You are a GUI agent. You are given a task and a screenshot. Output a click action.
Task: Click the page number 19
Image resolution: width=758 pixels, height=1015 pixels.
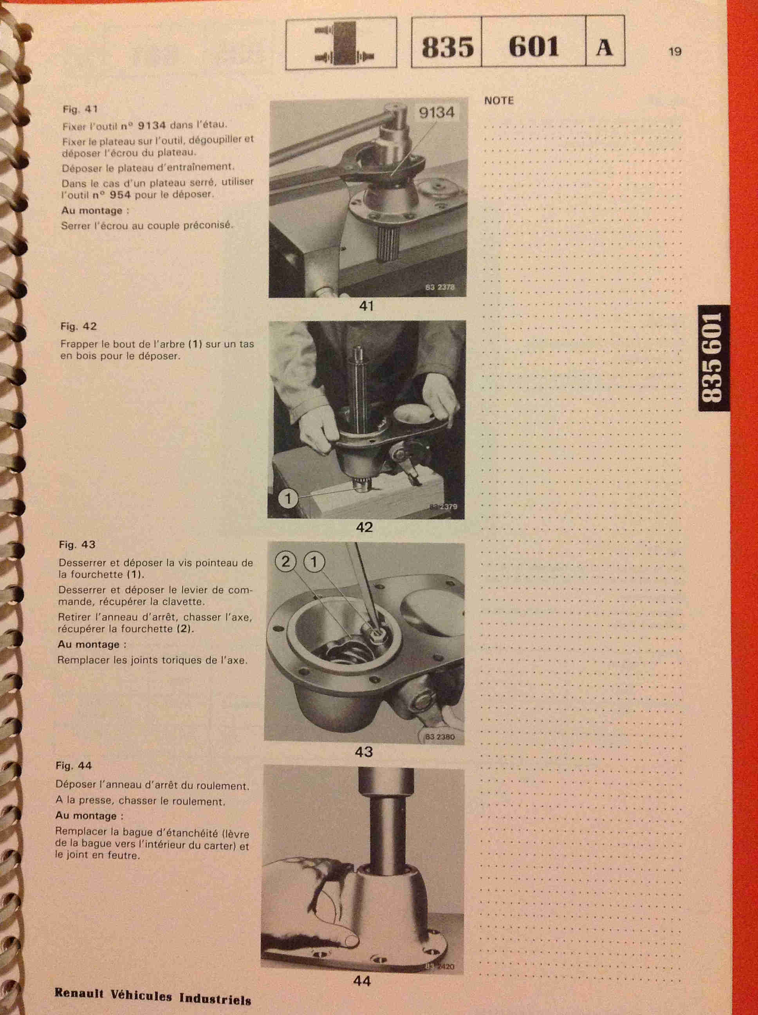point(675,51)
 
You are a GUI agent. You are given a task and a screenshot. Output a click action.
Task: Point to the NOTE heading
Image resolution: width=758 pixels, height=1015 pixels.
point(499,101)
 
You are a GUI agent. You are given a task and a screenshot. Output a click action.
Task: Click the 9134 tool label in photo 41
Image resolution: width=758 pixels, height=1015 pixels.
point(436,113)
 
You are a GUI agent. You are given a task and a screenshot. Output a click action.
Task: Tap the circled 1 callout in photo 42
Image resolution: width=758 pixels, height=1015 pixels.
point(288,498)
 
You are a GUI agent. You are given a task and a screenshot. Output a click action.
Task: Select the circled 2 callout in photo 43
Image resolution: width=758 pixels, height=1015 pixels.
point(286,562)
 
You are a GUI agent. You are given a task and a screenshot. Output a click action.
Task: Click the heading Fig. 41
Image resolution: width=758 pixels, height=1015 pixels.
point(80,110)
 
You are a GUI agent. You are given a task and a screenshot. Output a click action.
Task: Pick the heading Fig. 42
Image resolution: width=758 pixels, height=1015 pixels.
point(78,326)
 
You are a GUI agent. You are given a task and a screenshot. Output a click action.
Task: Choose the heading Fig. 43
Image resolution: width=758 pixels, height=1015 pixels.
point(77,545)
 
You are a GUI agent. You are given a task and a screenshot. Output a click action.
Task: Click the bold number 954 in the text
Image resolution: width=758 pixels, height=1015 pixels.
point(120,194)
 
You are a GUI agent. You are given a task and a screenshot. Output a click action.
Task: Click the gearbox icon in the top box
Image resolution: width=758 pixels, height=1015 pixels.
point(341,43)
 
